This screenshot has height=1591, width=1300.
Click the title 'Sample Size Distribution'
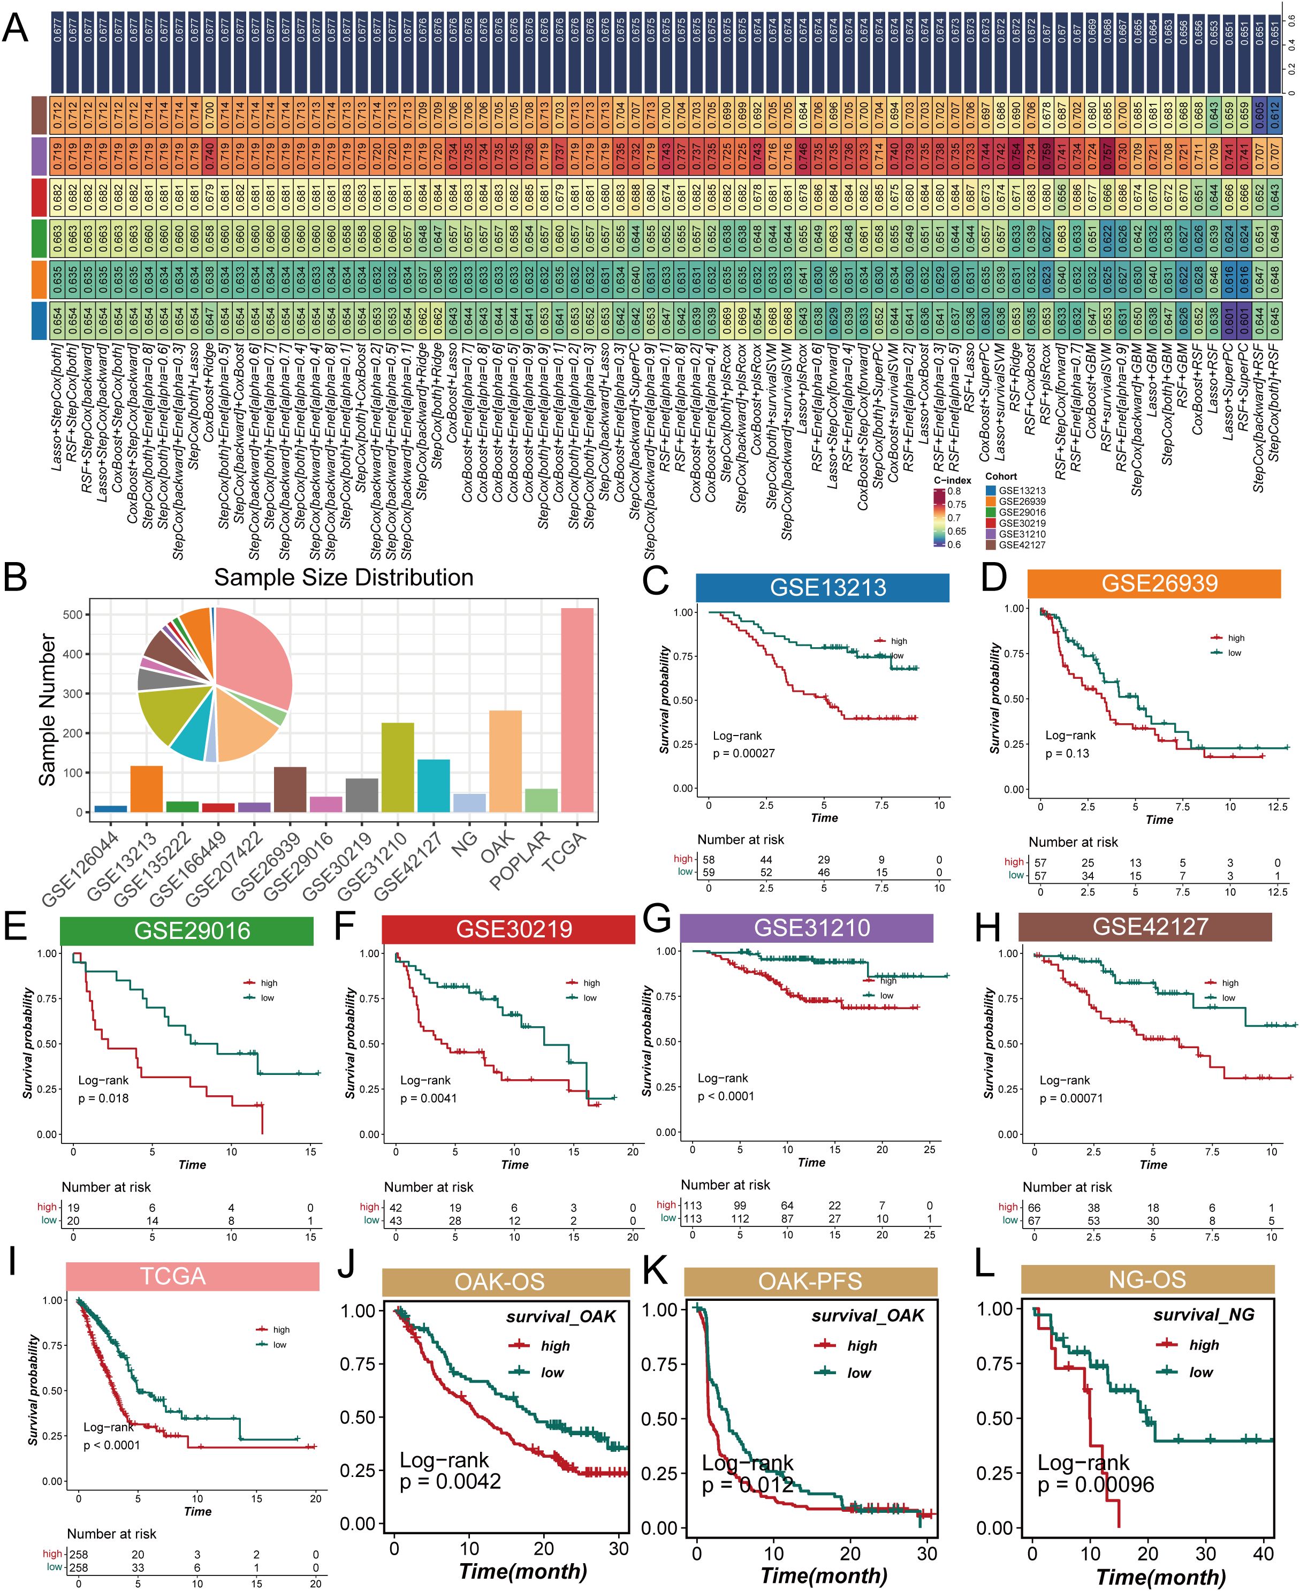coord(344,578)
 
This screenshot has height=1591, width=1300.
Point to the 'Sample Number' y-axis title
coord(47,709)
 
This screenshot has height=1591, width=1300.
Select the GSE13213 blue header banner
coord(822,588)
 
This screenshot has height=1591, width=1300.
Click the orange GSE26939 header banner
coord(1153,584)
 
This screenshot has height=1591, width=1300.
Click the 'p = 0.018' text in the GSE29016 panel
coord(103,1098)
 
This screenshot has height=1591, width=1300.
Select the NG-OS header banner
coord(1147,1279)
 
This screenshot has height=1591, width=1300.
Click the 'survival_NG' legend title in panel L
coord(1204,1315)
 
